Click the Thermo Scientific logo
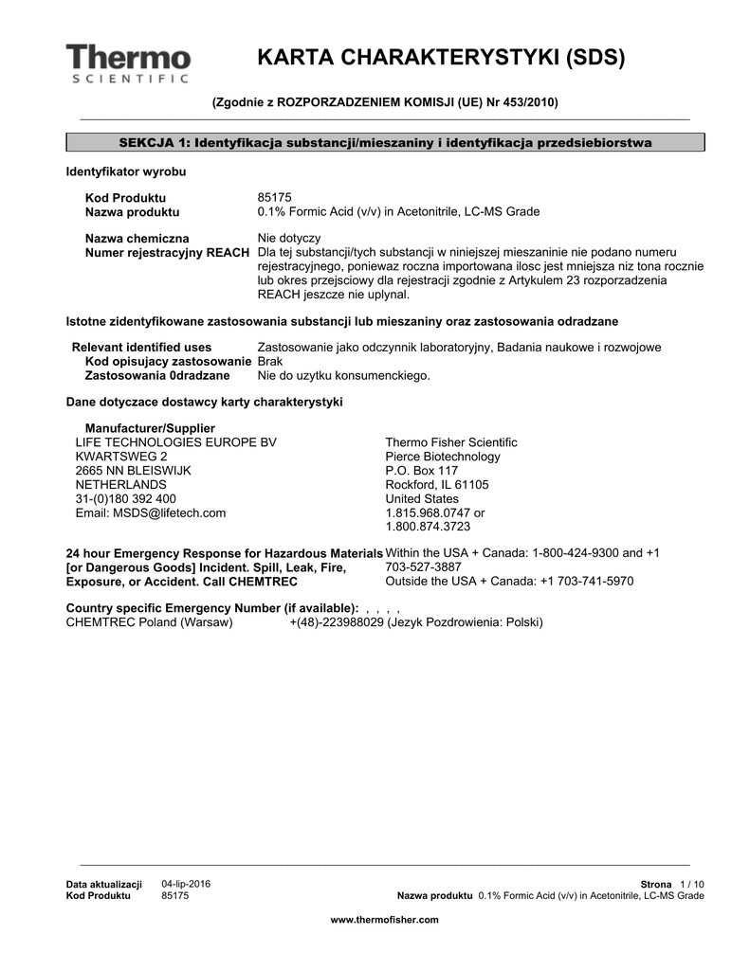pos(129,63)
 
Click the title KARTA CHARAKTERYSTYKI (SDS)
pos(441,58)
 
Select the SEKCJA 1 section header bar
pos(385,143)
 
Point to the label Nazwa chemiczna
pos(137,238)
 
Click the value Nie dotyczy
pos(289,238)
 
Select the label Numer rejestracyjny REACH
pos(168,252)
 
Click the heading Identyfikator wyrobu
pos(125,171)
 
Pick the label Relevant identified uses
pos(142,347)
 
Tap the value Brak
pos(270,361)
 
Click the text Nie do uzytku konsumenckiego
pos(344,375)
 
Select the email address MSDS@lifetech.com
pos(151,512)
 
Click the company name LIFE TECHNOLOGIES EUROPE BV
pos(176,442)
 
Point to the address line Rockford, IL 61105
pos(437,484)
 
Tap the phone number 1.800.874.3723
pos(428,527)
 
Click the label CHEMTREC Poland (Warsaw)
pos(149,622)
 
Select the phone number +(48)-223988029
pos(337,622)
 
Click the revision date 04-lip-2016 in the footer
pos(187,884)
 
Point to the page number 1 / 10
pos(692,884)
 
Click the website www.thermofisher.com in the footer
pos(384,919)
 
